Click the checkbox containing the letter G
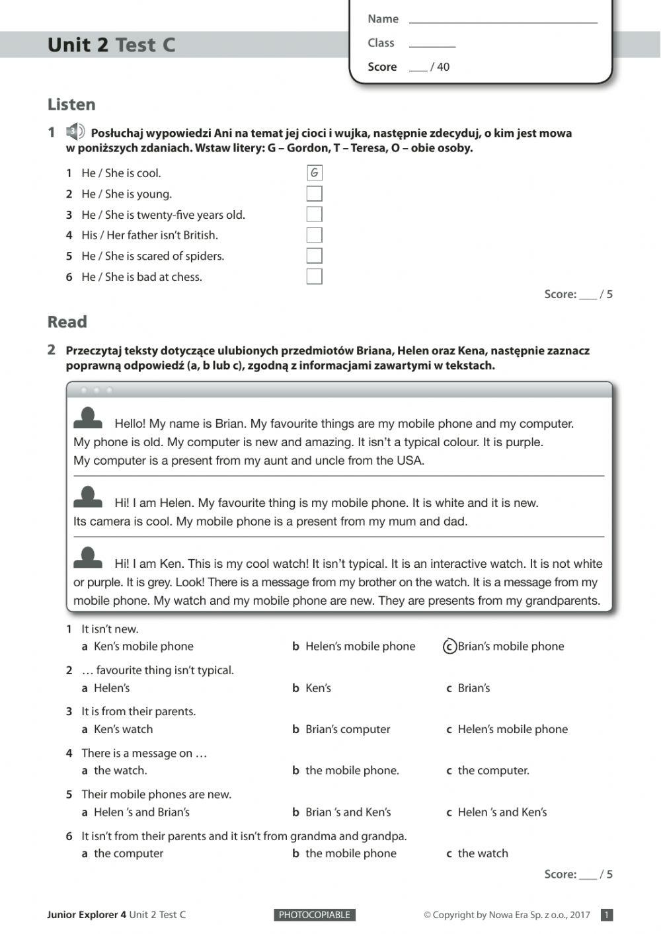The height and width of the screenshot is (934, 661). coord(315,173)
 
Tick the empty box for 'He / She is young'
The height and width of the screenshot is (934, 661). coord(315,194)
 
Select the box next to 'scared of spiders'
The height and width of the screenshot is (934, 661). coord(315,256)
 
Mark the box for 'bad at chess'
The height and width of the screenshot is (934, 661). coord(315,276)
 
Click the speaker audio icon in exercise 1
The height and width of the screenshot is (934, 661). coord(75,132)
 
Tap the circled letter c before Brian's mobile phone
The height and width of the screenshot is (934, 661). coord(449,646)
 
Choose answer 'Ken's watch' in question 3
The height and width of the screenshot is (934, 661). coord(123,729)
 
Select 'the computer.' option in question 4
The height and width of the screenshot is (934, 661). coord(493,770)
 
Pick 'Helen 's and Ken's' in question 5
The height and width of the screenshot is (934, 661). coord(502,812)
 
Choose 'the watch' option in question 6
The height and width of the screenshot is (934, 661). coord(483,853)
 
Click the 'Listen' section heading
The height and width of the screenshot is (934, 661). coord(71,104)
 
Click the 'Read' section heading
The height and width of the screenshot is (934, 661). coord(67,322)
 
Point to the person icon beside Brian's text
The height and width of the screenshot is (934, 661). coord(88,418)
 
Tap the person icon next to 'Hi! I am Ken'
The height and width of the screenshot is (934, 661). coord(88,559)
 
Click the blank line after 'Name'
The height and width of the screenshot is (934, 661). coord(502,20)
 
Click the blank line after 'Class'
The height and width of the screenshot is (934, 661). coord(432,44)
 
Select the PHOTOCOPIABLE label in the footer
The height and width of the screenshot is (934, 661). coord(315,915)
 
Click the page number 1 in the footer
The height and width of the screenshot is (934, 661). coord(607,915)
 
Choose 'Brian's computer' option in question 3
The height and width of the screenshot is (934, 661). coord(348,729)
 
